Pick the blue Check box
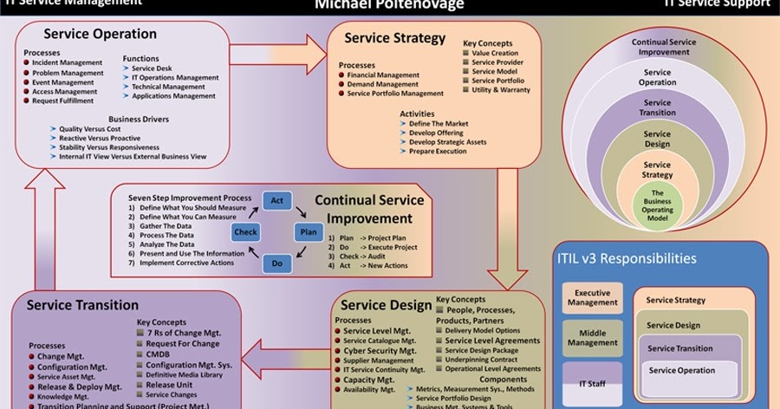pyautogui.click(x=245, y=232)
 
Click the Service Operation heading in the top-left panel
pyautogui.click(x=100, y=35)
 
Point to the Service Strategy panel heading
pyautogui.click(x=394, y=38)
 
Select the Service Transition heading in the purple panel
pyautogui.click(x=82, y=305)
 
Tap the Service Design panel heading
pyautogui.click(x=386, y=304)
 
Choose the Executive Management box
pyautogui.click(x=593, y=297)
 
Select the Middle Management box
pyautogui.click(x=593, y=336)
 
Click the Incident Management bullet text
pyautogui.click(x=65, y=63)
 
